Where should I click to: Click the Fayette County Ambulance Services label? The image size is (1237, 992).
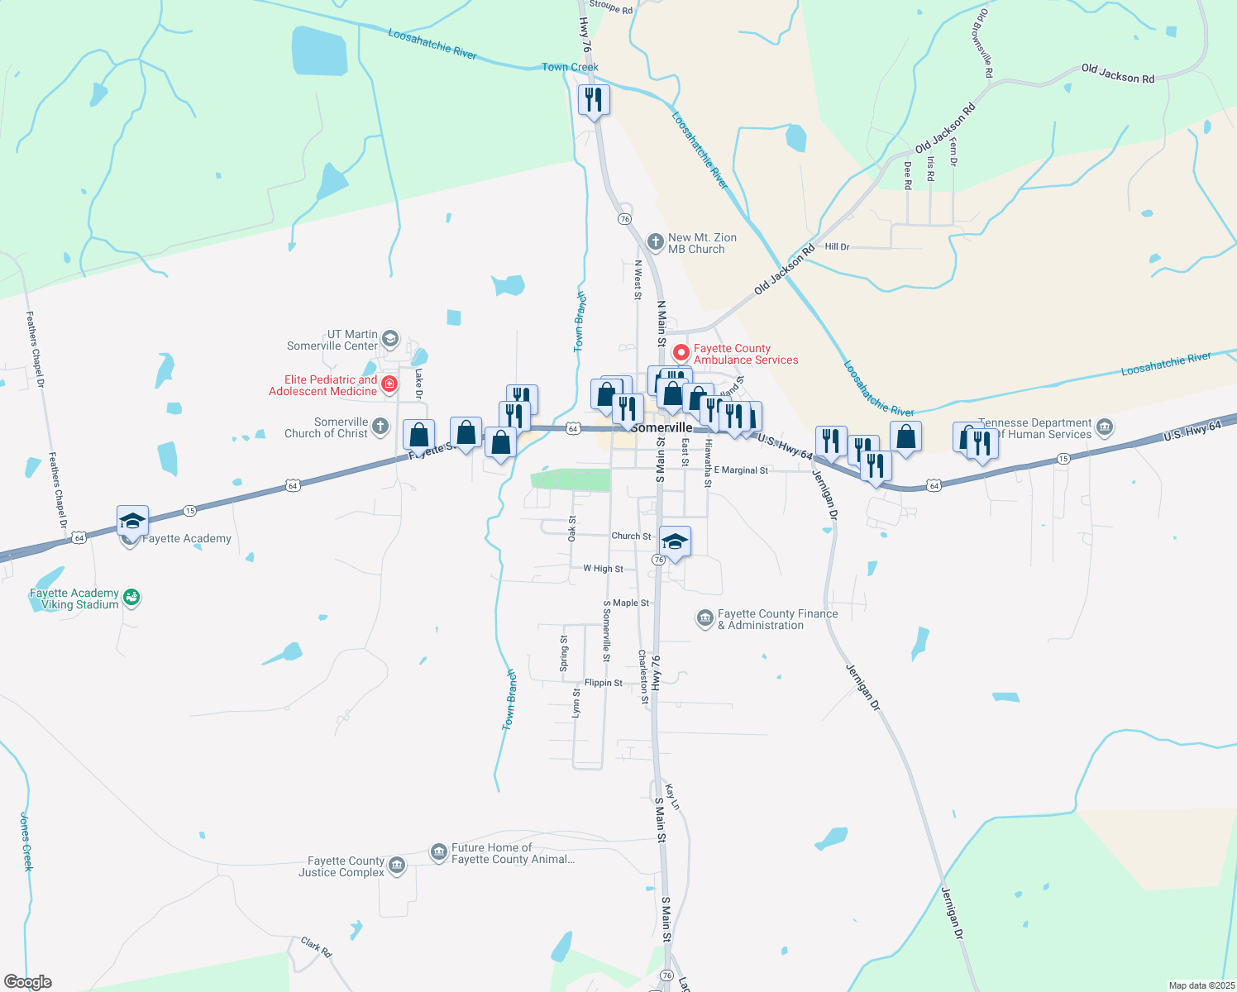745,355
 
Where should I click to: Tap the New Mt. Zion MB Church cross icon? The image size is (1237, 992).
655,242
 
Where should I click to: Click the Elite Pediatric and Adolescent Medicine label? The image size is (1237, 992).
323,385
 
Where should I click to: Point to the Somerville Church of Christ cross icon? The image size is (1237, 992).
380,427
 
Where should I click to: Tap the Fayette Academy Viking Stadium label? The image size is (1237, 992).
74,599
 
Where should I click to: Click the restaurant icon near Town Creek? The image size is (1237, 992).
594,100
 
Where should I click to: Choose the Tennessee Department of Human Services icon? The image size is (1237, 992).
1105,428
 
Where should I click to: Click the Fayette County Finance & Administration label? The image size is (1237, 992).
777,619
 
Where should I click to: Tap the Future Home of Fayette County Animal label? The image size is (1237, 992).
513,853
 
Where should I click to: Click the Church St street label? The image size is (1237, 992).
631,536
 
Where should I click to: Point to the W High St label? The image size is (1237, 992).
603,569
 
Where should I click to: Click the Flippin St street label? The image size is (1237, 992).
603,683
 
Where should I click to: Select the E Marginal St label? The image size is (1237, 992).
741,470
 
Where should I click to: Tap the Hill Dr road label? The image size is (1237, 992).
837,247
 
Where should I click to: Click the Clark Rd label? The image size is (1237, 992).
316,947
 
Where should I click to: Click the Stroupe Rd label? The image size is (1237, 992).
611,7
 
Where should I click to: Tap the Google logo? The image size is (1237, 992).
27,982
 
